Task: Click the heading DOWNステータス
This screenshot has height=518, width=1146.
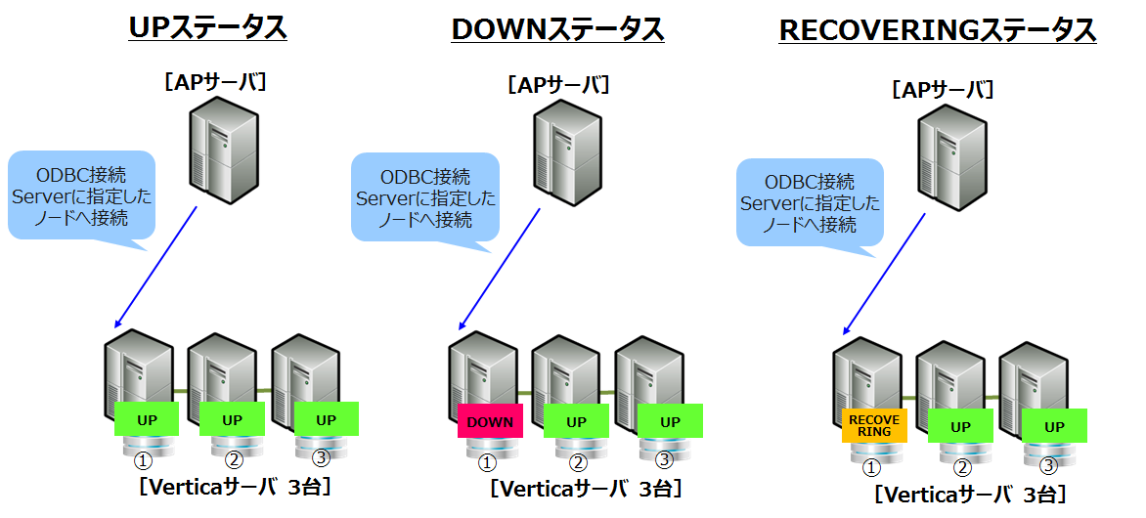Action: point(557,30)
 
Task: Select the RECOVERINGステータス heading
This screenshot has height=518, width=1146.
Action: point(937,30)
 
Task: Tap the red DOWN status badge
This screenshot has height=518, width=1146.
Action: point(490,421)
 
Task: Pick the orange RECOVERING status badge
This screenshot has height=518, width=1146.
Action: point(873,425)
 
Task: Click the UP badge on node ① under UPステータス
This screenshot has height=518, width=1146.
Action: point(147,419)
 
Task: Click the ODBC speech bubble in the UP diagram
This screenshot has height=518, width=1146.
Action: point(82,195)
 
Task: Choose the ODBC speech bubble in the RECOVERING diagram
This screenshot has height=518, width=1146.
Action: point(810,203)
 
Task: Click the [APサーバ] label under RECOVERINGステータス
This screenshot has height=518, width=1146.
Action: point(943,90)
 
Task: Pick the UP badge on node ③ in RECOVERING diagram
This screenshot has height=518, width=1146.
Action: point(1054,426)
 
